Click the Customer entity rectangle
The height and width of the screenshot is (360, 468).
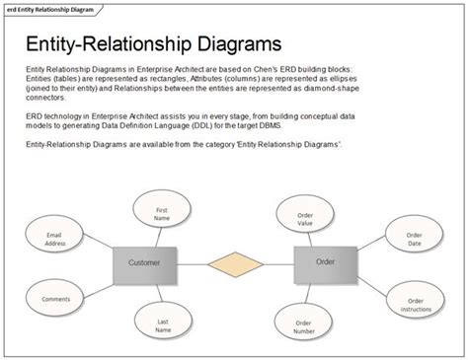[144, 263]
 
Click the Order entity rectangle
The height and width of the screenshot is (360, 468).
[325, 262]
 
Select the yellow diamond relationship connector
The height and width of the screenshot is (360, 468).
[234, 263]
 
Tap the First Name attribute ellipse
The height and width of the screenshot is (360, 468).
[161, 214]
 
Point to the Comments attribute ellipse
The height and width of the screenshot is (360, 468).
[55, 296]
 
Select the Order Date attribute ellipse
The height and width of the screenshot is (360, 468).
[414, 238]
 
